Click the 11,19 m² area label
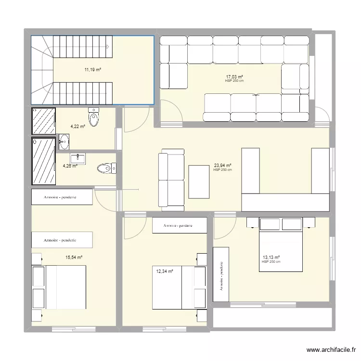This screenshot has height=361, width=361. coord(93,70)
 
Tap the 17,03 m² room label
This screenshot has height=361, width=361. coord(234,77)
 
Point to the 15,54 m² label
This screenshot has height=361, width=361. coord(74,258)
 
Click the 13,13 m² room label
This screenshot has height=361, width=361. coord(271,258)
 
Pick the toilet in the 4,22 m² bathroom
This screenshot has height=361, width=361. coord(94,116)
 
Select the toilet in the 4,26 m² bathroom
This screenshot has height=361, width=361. coord(106,168)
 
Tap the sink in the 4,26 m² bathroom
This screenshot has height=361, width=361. coord(77,158)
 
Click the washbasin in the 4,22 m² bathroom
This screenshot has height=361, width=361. coord(64,142)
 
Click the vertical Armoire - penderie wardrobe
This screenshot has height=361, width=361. coord(221,275)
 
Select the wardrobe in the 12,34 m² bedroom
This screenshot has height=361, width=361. coord(179,225)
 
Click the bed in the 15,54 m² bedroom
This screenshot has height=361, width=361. coord(59,287)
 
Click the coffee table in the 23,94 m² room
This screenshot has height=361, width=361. coord(199,181)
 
